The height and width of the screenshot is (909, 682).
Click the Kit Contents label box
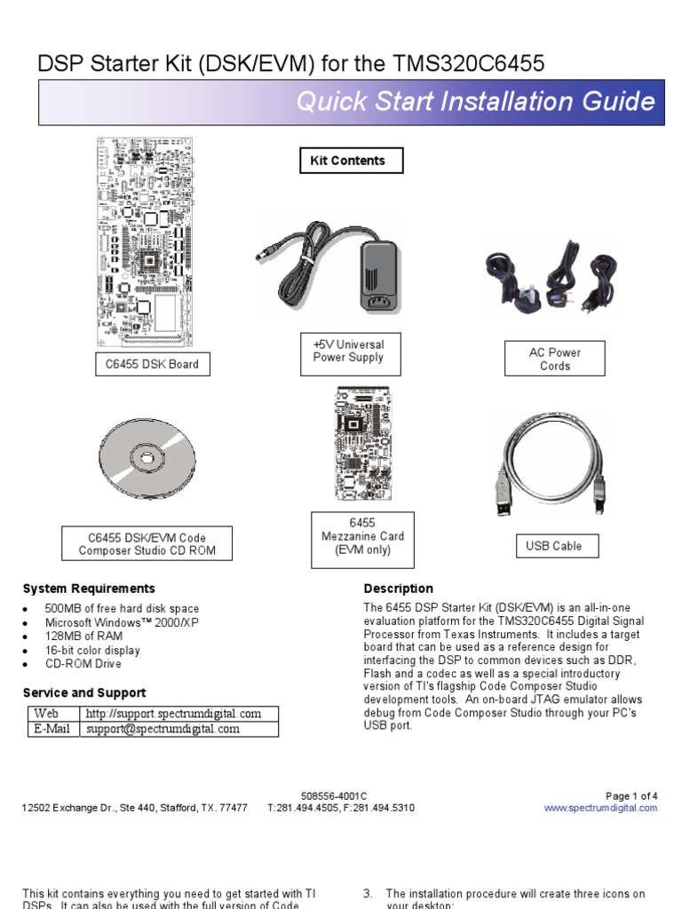pos(352,161)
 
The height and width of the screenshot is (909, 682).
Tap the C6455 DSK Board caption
pos(152,364)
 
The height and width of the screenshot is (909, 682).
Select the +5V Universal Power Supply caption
pos(348,352)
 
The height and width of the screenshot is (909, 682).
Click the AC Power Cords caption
pos(555,359)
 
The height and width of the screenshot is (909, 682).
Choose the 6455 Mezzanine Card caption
pos(362,536)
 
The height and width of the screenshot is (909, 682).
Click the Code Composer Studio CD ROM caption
pos(147,544)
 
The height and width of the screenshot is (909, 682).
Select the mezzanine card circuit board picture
pos(361,444)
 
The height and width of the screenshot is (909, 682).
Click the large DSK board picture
pos(145,241)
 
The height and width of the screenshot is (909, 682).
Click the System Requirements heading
pos(89,589)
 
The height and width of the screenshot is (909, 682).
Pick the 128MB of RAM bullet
pos(83,636)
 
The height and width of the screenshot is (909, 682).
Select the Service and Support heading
pos(84,692)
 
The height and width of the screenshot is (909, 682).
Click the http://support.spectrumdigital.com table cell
pos(173,714)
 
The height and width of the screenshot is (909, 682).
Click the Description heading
pos(399,589)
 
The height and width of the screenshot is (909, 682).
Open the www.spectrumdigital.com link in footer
pos(600,808)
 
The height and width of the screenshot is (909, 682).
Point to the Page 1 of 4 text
pos(631,795)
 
